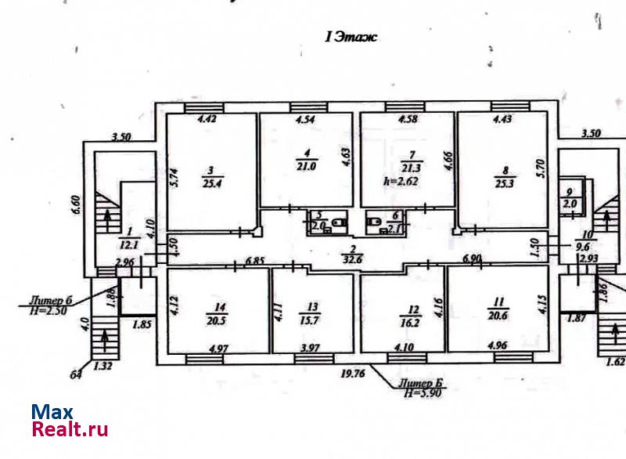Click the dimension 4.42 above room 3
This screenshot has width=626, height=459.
206,120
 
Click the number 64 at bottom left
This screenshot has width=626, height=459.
75,375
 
